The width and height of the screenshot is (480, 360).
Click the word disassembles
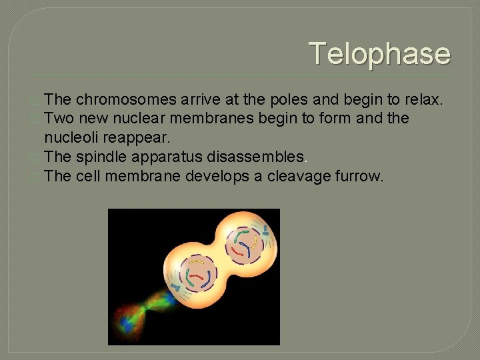(248, 157)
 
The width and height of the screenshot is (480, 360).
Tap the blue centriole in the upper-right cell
(265, 231)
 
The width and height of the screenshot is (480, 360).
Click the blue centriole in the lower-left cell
(177, 287)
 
